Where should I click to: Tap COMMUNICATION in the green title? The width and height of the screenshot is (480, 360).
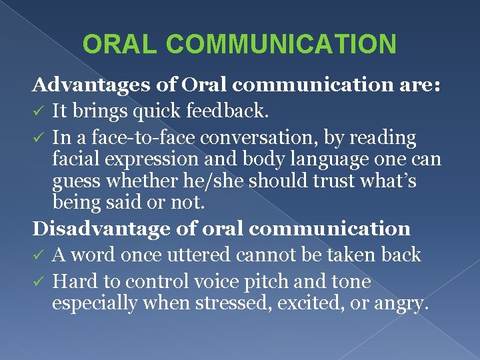(x=282, y=44)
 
